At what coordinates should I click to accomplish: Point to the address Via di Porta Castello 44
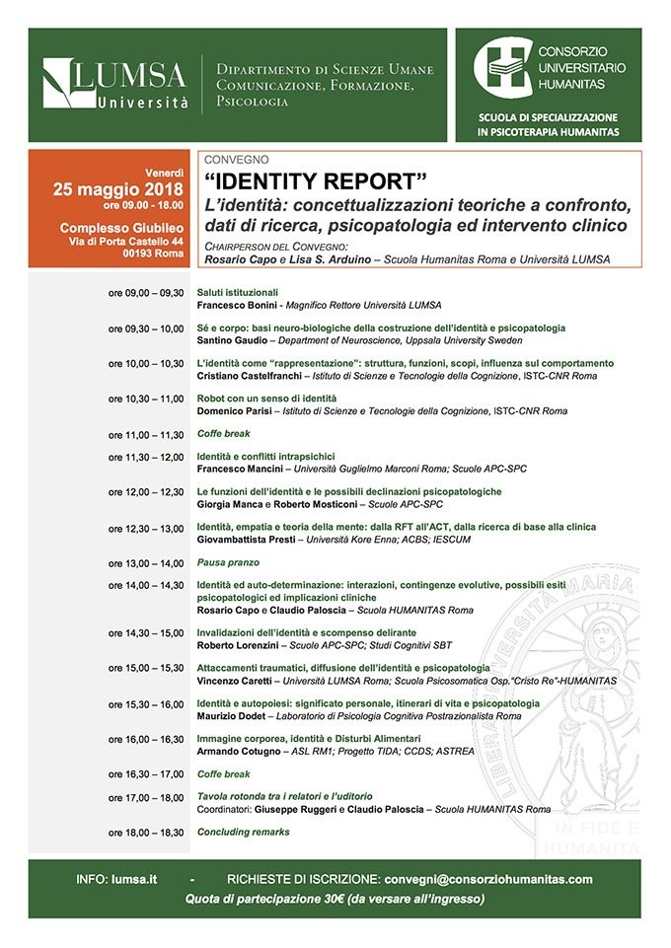pos(125,241)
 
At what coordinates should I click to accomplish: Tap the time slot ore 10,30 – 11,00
pos(146,398)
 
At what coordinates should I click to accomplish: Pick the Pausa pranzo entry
pos(228,563)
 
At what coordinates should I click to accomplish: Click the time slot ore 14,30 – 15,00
pos(146,632)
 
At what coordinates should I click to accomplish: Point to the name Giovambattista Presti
pos(246,540)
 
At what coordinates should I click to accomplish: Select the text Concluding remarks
pos(243,832)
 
